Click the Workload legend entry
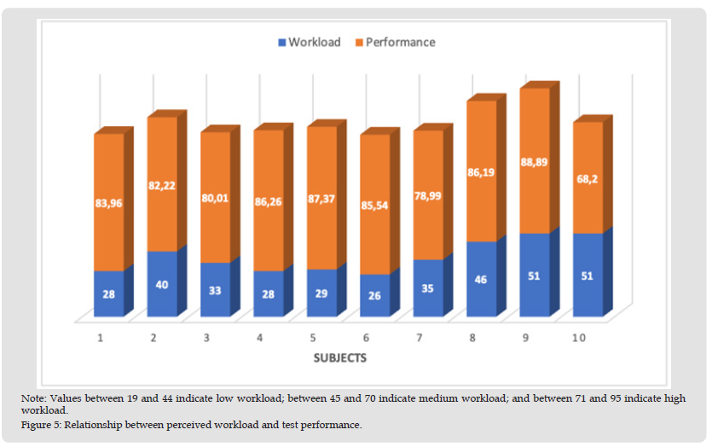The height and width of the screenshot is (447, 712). click(308, 42)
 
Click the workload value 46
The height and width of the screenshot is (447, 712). click(481, 279)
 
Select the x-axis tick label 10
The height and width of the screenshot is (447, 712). click(578, 338)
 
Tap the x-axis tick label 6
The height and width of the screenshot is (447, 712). click(366, 338)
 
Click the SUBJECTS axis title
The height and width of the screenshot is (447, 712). click(339, 358)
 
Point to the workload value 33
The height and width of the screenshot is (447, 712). click(215, 289)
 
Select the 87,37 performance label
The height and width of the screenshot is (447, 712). click(321, 198)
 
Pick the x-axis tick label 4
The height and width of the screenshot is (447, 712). click(259, 338)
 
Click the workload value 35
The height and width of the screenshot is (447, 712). click(428, 287)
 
